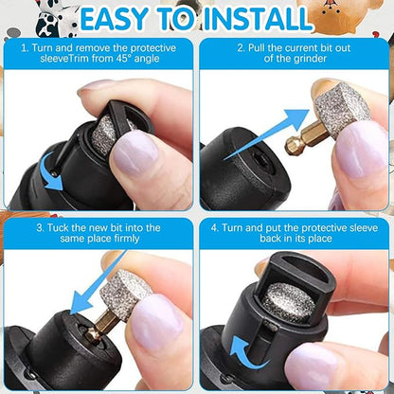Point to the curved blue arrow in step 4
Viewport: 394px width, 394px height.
click(x=232, y=364)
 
